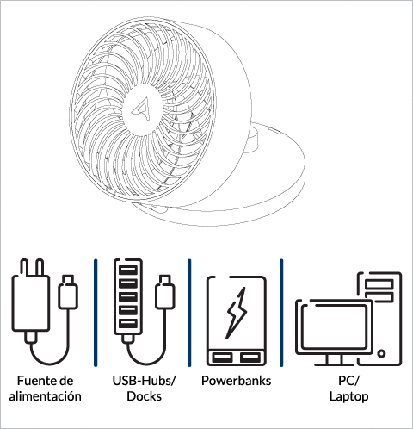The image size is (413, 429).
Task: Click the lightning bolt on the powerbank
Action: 237,313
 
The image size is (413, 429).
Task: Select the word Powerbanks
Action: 236,381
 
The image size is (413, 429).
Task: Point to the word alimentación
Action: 45,396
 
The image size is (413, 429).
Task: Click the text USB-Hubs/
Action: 144,381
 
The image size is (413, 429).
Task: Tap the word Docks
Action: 144,396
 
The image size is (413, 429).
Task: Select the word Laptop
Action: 348,396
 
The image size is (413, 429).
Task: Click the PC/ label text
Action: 348,381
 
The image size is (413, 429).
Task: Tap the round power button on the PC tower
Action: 381,353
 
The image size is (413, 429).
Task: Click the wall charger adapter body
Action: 30,303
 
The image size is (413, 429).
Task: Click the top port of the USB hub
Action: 128,270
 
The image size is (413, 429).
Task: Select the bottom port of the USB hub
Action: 128,324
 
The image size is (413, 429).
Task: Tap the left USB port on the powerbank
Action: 222,357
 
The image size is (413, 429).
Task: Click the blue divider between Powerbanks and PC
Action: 281,313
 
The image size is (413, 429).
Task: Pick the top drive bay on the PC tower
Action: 379,284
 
